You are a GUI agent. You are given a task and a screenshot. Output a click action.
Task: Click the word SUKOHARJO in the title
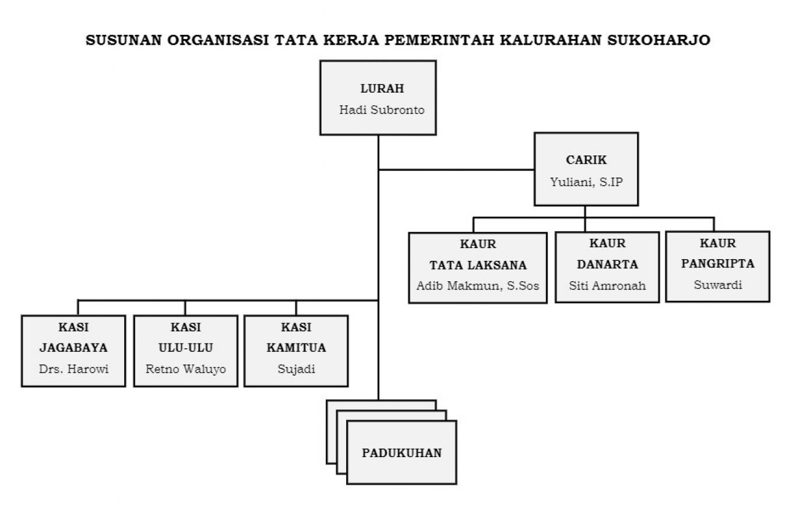658,40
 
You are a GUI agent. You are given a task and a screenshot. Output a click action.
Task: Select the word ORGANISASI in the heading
218,40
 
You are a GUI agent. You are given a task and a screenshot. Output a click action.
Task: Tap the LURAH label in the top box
382,89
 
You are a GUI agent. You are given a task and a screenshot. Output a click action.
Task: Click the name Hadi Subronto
382,109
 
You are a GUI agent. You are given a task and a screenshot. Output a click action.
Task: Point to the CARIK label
586,160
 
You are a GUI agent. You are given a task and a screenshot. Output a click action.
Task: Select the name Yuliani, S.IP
586,182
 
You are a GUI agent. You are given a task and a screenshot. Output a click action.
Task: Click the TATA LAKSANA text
478,265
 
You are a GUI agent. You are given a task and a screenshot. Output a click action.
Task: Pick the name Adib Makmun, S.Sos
478,285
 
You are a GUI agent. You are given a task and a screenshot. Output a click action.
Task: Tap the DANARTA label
607,264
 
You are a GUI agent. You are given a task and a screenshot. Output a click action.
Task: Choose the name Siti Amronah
607,285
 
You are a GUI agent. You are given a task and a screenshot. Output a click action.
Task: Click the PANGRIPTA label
717,264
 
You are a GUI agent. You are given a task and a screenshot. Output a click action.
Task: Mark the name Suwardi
718,285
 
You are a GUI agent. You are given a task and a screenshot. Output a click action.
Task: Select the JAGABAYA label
73,348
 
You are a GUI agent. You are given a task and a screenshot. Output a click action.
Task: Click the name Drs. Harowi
73,369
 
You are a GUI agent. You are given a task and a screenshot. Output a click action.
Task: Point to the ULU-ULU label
185,348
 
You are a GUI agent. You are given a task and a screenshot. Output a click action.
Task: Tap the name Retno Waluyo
185,369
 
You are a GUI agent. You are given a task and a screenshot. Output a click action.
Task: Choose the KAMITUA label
296,348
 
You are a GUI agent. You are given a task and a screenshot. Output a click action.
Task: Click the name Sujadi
296,369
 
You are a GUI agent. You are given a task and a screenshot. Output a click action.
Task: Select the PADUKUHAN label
401,453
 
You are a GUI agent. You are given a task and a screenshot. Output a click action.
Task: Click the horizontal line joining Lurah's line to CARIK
457,170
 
